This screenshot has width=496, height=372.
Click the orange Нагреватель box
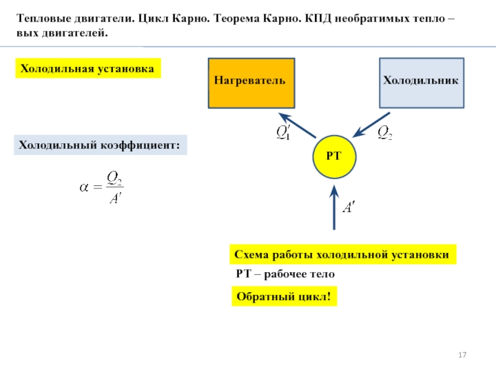[x=250, y=81]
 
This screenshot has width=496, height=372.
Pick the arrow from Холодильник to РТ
[x=371, y=124]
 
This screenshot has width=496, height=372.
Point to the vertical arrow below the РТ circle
[x=334, y=207]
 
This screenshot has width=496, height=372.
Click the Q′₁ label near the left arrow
[x=283, y=132]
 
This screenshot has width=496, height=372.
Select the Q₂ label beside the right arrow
[x=385, y=132]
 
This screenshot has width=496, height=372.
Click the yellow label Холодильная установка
[x=87, y=68]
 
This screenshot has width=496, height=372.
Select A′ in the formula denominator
[x=115, y=198]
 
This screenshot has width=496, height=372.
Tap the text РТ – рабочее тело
[x=285, y=273]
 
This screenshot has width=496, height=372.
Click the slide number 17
[x=462, y=355]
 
